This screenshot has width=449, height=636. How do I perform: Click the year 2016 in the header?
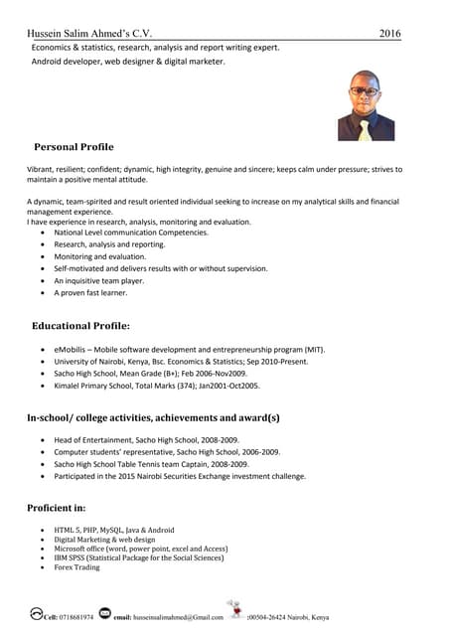click(x=389, y=34)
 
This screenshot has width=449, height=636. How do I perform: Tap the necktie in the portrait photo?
click(x=365, y=129)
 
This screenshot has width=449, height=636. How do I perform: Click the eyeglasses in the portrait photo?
click(x=365, y=91)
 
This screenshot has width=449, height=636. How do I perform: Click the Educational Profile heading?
click(x=80, y=326)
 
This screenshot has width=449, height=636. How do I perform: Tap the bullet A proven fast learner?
click(x=90, y=293)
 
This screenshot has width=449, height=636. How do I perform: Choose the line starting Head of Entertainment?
click(x=146, y=439)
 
